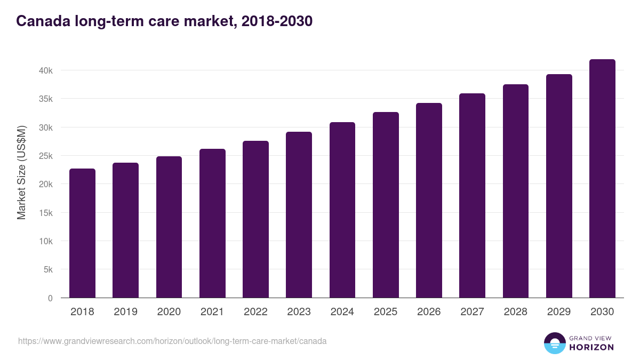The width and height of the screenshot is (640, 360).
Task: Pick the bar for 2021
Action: (x=212, y=223)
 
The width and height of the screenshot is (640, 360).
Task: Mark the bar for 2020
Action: (x=169, y=227)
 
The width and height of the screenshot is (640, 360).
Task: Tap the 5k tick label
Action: (x=47, y=270)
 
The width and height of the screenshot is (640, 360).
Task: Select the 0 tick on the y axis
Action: (x=50, y=298)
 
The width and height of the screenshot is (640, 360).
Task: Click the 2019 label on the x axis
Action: (x=125, y=312)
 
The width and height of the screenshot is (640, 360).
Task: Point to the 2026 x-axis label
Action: (x=429, y=312)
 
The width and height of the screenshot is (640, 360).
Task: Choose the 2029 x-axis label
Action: (x=559, y=312)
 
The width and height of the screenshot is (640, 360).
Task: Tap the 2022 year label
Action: (x=255, y=312)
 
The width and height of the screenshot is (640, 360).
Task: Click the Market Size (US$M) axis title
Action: (x=22, y=173)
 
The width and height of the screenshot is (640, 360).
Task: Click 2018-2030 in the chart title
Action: (x=277, y=21)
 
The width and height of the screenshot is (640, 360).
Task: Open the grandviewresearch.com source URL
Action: (x=172, y=341)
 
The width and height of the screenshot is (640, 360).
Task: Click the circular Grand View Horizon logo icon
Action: (x=555, y=343)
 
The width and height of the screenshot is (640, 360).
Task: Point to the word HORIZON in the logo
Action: (x=591, y=347)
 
